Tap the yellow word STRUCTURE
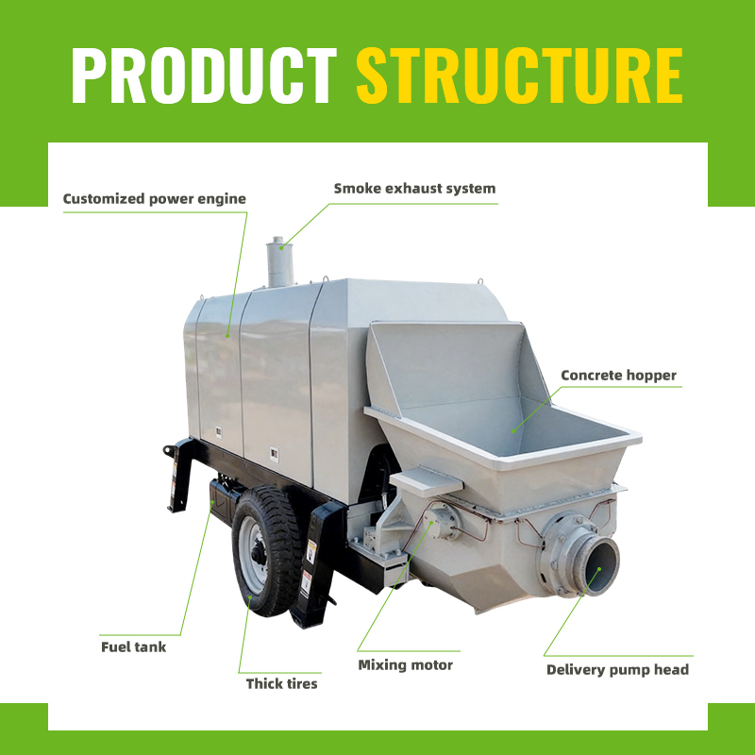pos(519,75)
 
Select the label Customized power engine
pos(155,199)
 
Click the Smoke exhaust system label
pos(414,188)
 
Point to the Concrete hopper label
pos(619,376)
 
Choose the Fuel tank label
pos(133,646)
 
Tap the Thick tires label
pos(281,683)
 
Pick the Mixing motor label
pos(406,665)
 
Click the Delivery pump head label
pos(618,670)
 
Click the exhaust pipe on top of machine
pos(280,262)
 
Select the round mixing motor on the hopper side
pos(442,522)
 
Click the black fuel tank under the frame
pos(223,501)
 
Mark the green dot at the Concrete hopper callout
pos(513,431)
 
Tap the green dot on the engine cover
pos(227,336)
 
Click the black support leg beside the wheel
pos(315,563)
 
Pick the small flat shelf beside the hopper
pos(427,481)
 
